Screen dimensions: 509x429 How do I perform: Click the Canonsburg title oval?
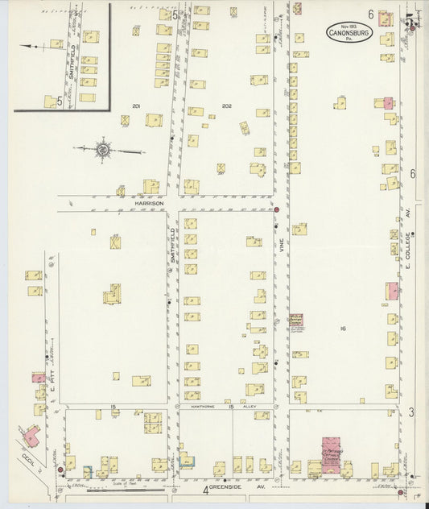coord(350,32)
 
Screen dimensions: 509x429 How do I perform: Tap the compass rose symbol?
coord(103,149)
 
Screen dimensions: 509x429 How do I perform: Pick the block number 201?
coord(137,106)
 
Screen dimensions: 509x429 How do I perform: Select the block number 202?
coord(227,106)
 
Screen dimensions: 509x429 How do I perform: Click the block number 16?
coord(343,329)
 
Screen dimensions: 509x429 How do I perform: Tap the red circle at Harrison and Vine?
coord(276,209)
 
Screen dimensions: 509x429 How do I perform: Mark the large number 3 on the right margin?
coord(411,412)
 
